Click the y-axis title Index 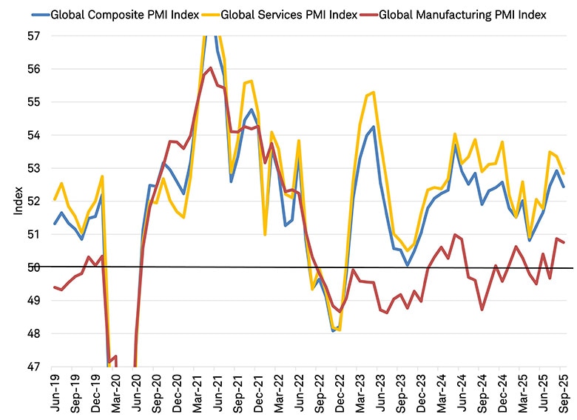(x=17, y=201)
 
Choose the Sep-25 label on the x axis (x=561, y=393)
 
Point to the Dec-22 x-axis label (x=337, y=393)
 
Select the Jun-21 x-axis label (x=215, y=393)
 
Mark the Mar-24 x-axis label (x=434, y=393)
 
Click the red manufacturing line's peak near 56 (x=211, y=68)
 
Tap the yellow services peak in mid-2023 (x=374, y=92)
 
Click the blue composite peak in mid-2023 (x=374, y=127)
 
